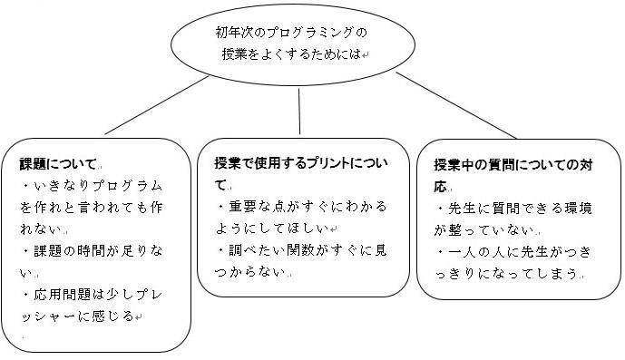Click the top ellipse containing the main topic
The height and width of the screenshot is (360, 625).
point(293,6)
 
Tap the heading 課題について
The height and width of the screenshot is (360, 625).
point(58,164)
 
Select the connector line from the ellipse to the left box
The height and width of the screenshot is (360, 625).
point(157,105)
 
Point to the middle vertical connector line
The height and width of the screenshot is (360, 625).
point(299,112)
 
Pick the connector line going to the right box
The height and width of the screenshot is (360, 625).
point(456,105)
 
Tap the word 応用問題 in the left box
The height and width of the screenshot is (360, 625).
point(63,295)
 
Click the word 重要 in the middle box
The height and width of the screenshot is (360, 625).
point(243,207)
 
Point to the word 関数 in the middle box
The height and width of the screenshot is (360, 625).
point(301,250)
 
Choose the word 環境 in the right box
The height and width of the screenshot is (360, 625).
point(578,208)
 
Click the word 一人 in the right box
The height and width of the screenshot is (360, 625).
point(463,252)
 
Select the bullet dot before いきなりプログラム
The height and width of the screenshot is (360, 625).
point(26,186)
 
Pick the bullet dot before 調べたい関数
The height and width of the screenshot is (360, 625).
point(220,251)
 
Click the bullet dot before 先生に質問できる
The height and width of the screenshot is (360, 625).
point(441,209)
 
